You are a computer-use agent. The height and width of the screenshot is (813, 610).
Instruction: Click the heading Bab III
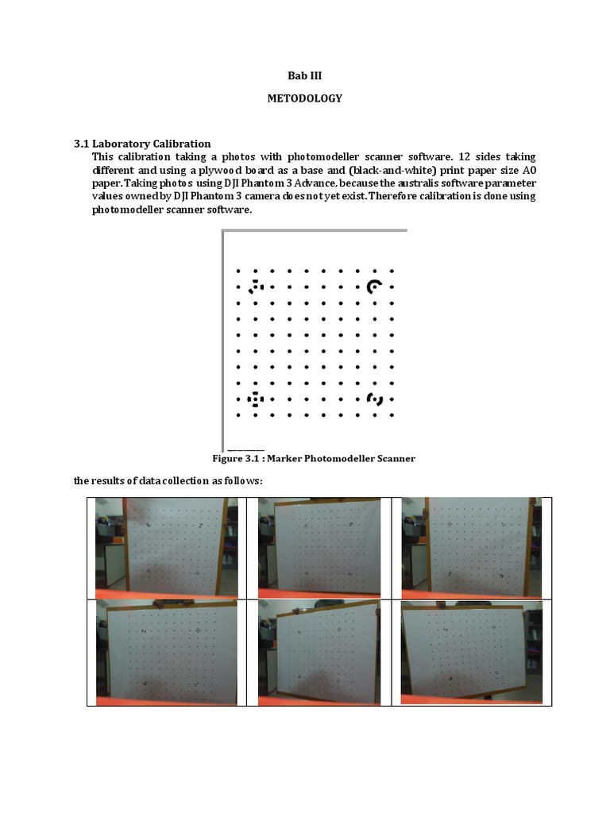coord(305,76)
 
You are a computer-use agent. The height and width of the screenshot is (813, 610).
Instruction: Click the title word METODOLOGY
coord(305,98)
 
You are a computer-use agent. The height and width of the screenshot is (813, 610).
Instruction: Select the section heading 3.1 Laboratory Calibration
coord(142,144)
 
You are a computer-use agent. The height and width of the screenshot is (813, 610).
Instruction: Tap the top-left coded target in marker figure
coord(255,287)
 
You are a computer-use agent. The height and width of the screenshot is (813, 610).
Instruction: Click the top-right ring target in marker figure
coord(374,287)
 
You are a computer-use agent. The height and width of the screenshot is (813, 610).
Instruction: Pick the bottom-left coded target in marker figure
coord(255,399)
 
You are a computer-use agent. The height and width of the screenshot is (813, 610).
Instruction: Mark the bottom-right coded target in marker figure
coord(375,399)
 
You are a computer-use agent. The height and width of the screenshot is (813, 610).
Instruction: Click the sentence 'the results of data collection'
coord(168,481)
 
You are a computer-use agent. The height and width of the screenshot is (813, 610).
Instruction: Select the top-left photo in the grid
coord(166,548)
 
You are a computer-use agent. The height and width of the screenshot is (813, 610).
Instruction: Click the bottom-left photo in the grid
coord(166,652)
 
